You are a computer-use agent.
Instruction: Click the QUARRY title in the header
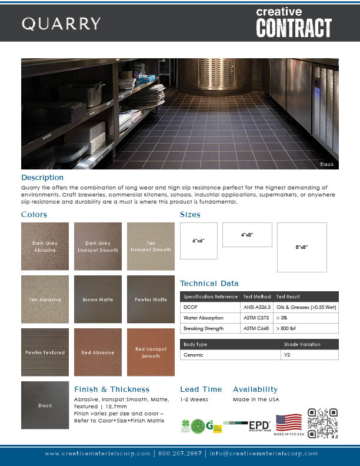[x=61, y=24]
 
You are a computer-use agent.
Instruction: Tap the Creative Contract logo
[x=294, y=22]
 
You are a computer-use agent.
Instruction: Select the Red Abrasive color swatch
[x=98, y=352]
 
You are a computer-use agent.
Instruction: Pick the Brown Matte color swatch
[x=98, y=299]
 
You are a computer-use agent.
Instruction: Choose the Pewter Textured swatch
[x=45, y=352]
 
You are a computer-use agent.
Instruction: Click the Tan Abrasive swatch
[x=45, y=299]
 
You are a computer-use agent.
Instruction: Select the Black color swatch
[x=45, y=405]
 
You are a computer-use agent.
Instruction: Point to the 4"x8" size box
[x=247, y=235]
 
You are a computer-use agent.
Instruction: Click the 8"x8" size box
[x=302, y=247]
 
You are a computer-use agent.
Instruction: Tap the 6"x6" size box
[x=198, y=241]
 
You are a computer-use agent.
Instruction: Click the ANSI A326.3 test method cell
[x=256, y=307]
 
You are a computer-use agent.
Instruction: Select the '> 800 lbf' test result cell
[x=290, y=328]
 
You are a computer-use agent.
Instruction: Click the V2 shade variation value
[x=288, y=355]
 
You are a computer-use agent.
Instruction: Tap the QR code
[x=324, y=423]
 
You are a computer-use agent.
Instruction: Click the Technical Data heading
[x=209, y=283]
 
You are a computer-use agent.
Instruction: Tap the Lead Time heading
[x=201, y=389]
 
